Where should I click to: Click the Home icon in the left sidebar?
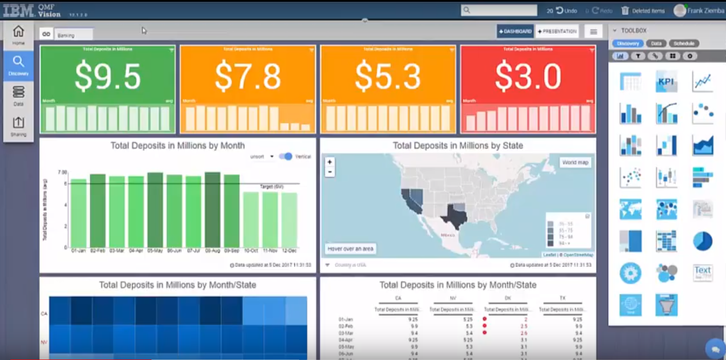click(x=18, y=35)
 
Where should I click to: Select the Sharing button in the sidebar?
click(x=18, y=126)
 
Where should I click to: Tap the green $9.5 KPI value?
click(x=108, y=76)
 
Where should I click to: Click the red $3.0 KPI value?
click(x=528, y=76)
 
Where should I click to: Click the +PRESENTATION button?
click(x=557, y=31)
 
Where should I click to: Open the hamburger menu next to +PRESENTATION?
click(x=593, y=31)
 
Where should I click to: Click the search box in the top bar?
click(x=499, y=10)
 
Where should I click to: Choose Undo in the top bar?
click(x=566, y=10)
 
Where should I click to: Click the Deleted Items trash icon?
click(x=625, y=10)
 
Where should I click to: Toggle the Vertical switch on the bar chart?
click(x=286, y=156)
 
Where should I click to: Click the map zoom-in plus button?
click(x=330, y=162)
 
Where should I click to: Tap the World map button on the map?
click(x=575, y=162)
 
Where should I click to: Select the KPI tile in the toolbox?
click(x=666, y=82)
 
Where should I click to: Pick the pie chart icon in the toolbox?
click(x=702, y=241)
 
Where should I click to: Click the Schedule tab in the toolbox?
click(x=684, y=43)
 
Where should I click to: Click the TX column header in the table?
click(x=562, y=298)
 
